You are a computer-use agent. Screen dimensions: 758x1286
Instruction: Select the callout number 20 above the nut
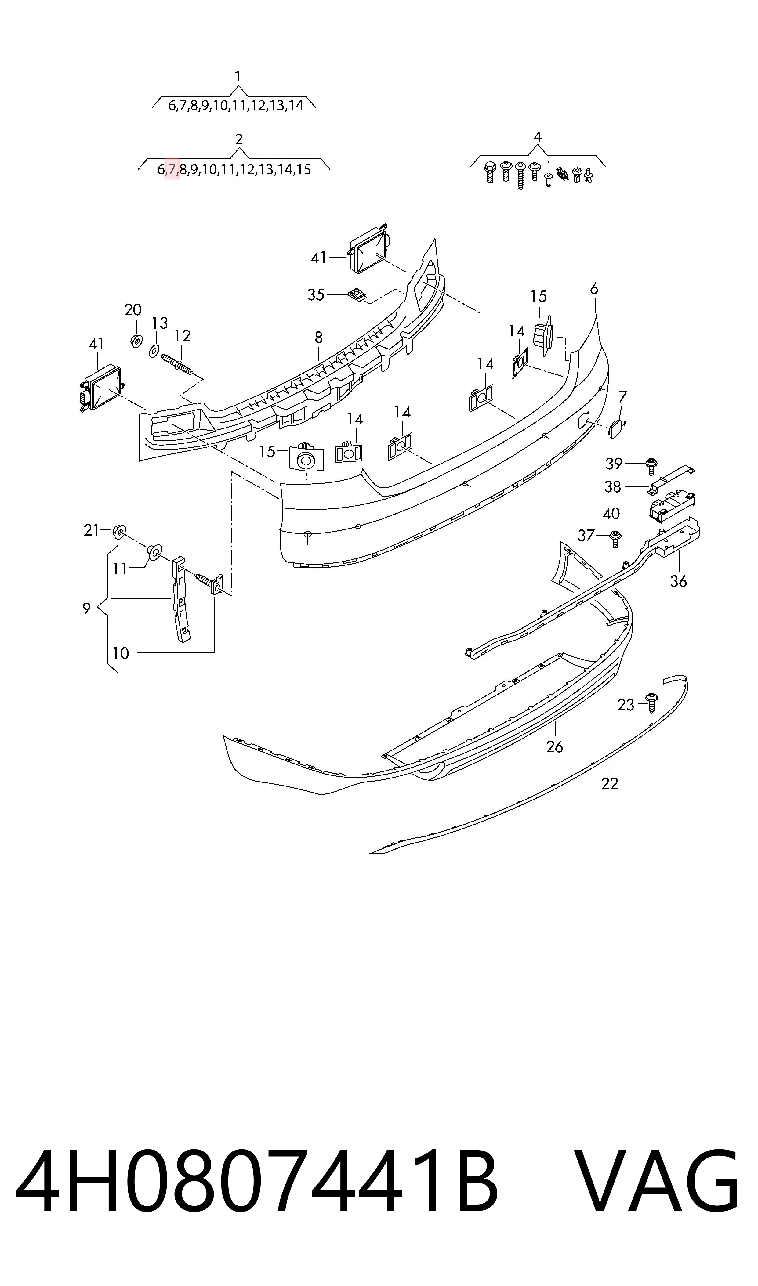(133, 309)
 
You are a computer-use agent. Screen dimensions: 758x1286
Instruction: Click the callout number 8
(319, 338)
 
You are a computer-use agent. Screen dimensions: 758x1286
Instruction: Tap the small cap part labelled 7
(616, 429)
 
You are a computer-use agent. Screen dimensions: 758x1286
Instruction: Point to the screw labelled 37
(615, 539)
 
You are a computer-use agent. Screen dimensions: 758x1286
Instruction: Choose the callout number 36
(678, 581)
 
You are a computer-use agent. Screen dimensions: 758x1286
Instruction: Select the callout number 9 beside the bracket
(87, 609)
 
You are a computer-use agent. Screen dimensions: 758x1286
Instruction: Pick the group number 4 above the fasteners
(537, 136)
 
